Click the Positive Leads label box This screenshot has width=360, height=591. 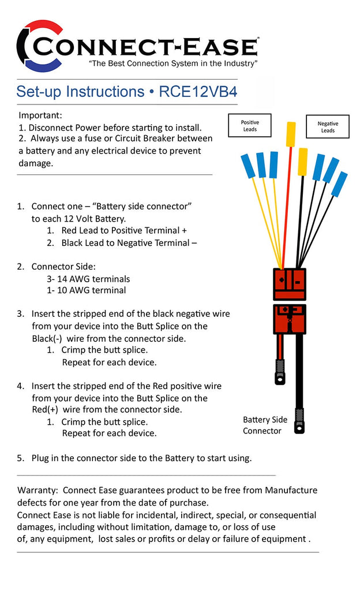250,126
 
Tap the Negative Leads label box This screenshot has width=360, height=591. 327,126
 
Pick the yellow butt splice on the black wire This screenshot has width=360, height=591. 303,161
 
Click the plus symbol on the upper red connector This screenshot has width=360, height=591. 282,279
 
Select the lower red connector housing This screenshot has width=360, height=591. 290,319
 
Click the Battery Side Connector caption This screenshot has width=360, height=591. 265,425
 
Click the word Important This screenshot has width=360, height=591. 40,115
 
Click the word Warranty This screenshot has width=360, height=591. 37,490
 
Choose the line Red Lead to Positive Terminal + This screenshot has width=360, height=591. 124,230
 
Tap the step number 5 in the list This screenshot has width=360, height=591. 20,458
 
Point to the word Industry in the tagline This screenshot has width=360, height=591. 238,62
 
